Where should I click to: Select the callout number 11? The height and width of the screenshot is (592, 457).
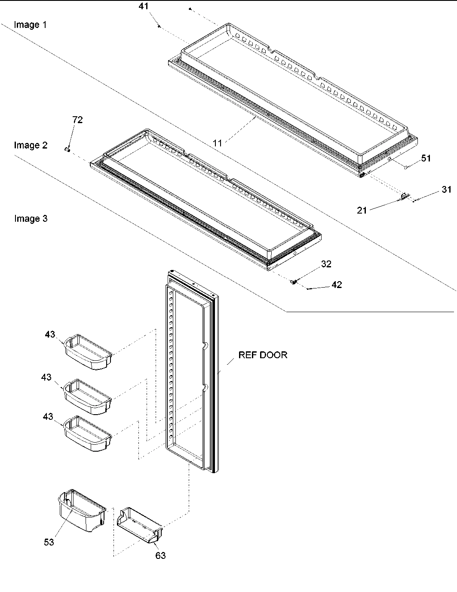[x=218, y=143]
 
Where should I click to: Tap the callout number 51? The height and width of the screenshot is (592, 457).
[x=426, y=158]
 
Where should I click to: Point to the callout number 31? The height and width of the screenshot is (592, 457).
[x=447, y=189]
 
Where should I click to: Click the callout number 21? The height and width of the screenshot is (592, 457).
[x=362, y=210]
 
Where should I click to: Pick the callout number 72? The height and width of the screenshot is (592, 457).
[x=77, y=120]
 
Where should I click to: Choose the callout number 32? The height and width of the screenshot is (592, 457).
[x=326, y=264]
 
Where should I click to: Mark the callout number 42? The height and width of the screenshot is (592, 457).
[x=337, y=285]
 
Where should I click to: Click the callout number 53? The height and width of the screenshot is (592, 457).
[x=49, y=542]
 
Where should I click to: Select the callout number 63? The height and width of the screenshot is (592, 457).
[x=160, y=555]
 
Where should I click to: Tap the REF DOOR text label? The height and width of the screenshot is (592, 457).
[x=263, y=355]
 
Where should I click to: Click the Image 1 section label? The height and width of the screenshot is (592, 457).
[x=31, y=25]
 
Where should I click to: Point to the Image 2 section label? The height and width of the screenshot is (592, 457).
[x=31, y=145]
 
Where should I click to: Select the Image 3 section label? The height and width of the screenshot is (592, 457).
[x=31, y=218]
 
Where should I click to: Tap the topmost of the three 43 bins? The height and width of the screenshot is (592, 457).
[x=88, y=352]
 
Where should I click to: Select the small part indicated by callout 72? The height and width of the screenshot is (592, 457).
[x=67, y=149]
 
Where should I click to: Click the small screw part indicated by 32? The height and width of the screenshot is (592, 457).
[x=294, y=282]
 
